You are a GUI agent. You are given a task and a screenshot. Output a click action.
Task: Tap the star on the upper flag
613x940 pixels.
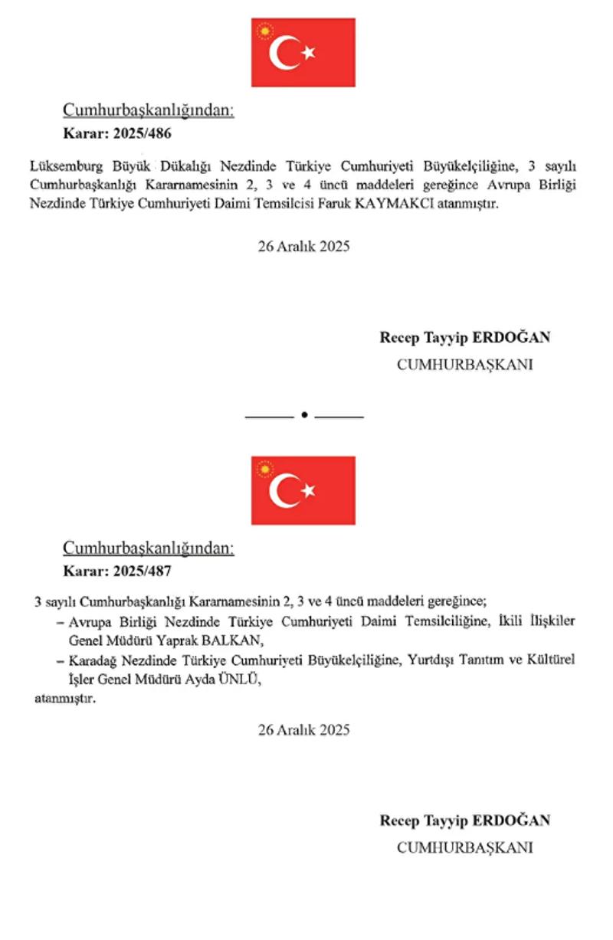[x=309, y=52]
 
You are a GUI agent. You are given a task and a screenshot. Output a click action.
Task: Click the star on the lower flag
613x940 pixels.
[x=309, y=490]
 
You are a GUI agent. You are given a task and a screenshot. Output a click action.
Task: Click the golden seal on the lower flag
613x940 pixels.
[x=265, y=468]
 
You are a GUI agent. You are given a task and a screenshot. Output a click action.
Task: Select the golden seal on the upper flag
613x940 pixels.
[x=265, y=31]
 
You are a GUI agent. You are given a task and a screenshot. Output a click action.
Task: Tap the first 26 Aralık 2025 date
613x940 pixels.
[x=303, y=247]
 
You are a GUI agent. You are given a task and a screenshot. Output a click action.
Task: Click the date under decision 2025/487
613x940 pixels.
[x=303, y=729]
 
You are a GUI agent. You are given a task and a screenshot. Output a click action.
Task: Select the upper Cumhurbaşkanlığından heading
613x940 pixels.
[x=148, y=110]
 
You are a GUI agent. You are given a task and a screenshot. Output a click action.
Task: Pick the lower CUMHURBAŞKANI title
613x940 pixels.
[x=464, y=847]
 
